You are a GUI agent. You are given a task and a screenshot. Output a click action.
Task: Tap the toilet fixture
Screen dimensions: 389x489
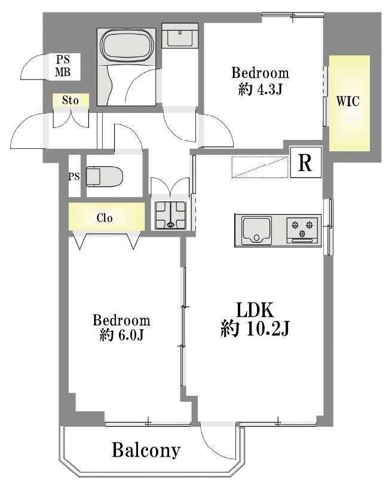105,176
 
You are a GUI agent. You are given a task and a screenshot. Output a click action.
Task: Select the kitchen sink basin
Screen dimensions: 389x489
256,231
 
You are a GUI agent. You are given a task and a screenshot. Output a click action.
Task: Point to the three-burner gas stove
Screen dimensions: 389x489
302,230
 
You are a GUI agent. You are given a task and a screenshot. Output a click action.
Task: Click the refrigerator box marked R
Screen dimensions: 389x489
305,162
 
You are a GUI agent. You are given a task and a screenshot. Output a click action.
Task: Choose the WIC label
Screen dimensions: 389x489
348,102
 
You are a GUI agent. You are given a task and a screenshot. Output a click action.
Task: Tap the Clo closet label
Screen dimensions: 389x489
105,218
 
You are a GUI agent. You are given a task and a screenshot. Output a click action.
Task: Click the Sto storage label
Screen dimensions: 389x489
70,100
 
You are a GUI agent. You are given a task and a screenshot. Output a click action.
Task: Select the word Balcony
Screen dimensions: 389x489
146,450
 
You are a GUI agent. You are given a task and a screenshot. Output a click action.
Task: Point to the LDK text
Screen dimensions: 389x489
255,310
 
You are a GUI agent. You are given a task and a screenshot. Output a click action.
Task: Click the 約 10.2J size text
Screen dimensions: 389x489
255,328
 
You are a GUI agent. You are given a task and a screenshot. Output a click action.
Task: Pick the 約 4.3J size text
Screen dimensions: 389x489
261,90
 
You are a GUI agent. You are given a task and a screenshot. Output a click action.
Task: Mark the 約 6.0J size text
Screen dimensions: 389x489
121,335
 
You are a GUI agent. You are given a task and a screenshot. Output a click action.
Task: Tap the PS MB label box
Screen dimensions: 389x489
63,66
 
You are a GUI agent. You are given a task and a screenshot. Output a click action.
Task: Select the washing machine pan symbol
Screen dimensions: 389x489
170,215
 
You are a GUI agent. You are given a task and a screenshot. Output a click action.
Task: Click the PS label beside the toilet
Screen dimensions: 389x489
74,176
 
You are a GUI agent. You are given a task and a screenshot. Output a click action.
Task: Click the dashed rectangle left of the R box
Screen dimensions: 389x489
260,167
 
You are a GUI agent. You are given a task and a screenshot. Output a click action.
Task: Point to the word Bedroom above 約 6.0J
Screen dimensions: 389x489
121,320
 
